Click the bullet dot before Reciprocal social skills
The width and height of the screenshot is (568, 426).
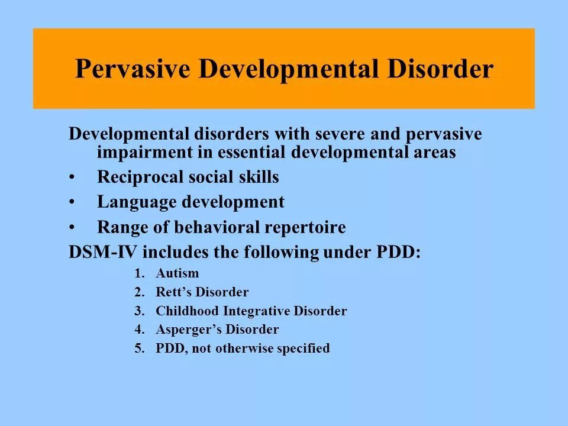[72, 177]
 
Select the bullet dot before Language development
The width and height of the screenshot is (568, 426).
[72, 203]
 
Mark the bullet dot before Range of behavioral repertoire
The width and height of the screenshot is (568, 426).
[72, 228]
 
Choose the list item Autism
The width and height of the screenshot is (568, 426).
[177, 273]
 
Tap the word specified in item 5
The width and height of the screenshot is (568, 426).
[302, 348]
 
